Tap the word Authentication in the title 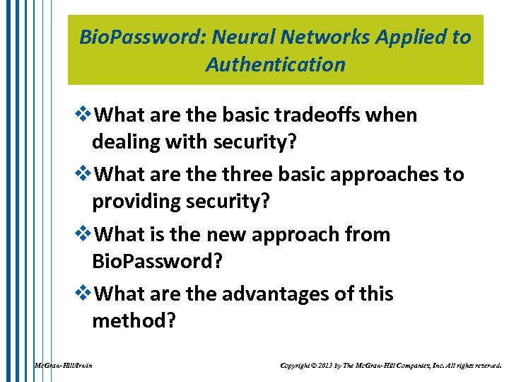tap(276, 65)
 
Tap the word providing tap(136, 202)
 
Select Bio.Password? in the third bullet tap(158, 262)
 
